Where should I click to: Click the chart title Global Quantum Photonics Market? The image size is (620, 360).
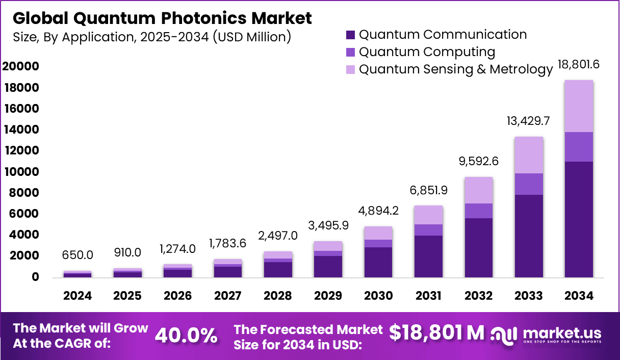click(162, 18)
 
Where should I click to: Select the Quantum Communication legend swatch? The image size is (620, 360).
click(350, 35)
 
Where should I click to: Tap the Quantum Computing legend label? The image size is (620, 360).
click(427, 52)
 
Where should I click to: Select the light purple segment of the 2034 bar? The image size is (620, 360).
click(578, 106)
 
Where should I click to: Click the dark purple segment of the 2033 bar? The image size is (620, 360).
click(528, 236)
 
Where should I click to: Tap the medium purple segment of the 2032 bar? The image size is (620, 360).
click(478, 211)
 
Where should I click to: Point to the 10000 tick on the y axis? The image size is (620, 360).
click(21, 172)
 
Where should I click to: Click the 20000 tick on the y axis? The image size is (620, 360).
click(21, 67)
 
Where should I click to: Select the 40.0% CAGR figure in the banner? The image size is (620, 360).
click(186, 335)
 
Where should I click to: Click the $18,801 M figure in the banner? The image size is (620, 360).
click(436, 332)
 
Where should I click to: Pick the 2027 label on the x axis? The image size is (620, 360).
click(227, 296)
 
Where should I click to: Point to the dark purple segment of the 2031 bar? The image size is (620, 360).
click(428, 256)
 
